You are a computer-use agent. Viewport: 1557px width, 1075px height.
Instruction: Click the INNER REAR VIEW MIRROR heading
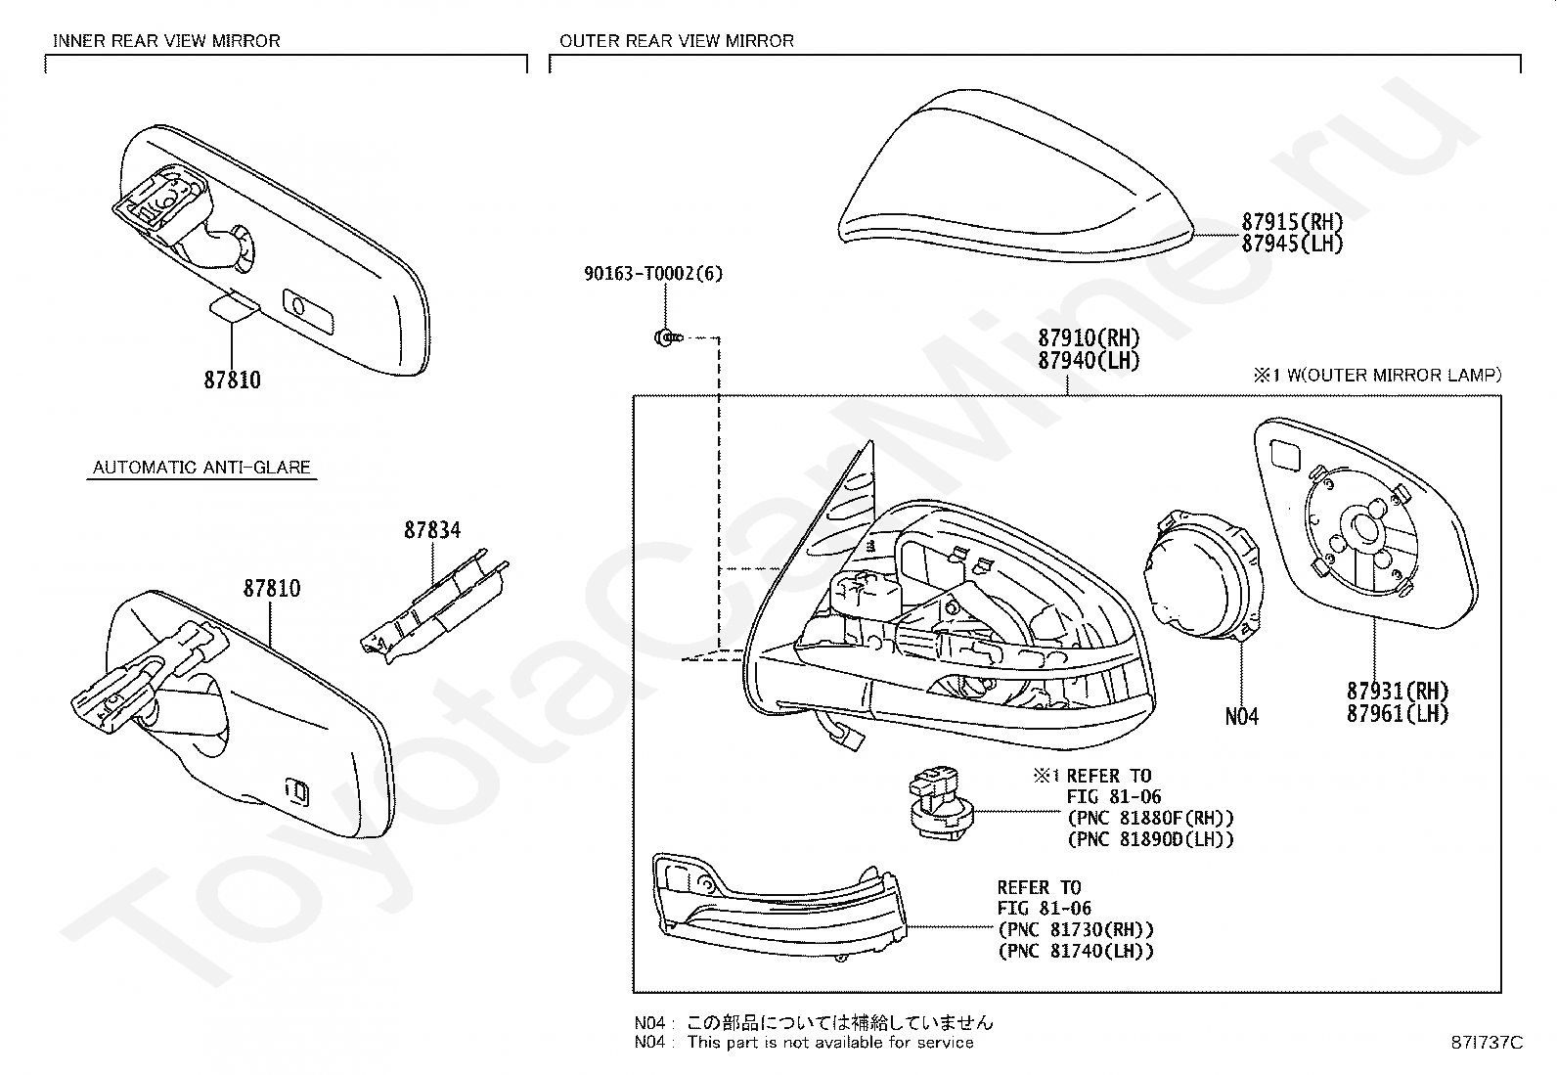(166, 41)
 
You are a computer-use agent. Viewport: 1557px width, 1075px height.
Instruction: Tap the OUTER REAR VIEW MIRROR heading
(676, 41)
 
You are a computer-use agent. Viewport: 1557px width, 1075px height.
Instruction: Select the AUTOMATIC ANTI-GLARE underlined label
(201, 468)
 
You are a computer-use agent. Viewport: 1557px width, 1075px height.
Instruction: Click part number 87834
(432, 530)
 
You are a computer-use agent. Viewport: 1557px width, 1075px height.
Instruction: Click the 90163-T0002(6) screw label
(653, 274)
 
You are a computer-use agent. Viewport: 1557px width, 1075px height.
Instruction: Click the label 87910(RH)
(1089, 338)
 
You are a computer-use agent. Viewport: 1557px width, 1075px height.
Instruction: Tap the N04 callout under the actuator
(1241, 717)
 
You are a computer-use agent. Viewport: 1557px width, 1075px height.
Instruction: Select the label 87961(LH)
(1397, 713)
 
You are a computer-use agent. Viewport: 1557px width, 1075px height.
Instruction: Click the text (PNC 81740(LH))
(1076, 951)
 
